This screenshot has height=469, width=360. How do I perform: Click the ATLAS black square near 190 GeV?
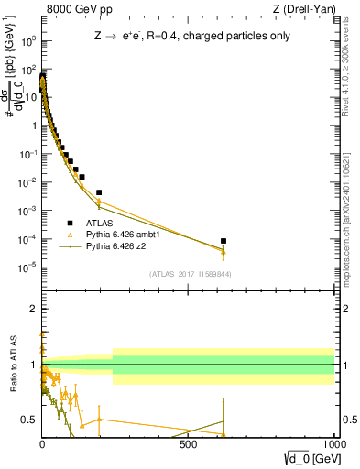pos(98,192)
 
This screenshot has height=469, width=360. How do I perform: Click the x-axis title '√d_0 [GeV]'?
pos(308,455)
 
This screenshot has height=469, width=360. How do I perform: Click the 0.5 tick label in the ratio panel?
pos(30,420)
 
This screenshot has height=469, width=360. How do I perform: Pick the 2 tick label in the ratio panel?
pos(34,309)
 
